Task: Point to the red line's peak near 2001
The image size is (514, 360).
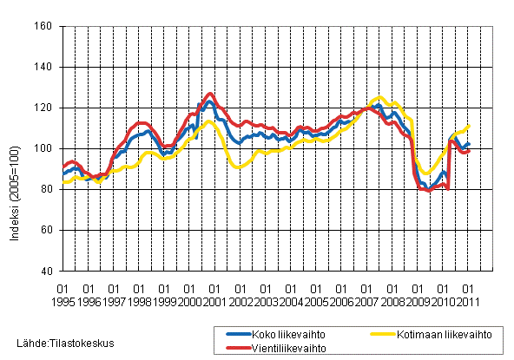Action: click(210, 93)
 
